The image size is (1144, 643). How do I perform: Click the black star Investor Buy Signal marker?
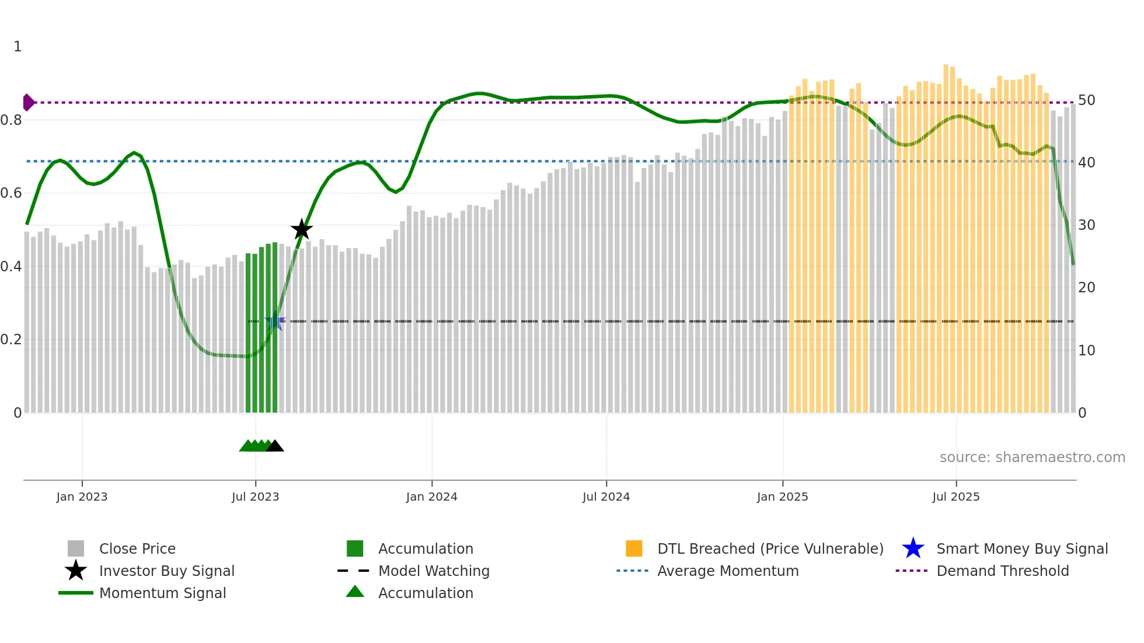pos(302,230)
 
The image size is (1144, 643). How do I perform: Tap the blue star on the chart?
pos(274,321)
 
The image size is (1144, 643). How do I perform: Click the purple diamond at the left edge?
pos(28,103)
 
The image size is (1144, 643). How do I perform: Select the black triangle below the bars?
pos(275,446)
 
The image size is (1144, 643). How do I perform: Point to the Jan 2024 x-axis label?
pos(431,497)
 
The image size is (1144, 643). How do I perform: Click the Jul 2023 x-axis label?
pos(255,497)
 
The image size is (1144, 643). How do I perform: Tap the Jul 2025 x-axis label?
pos(955,497)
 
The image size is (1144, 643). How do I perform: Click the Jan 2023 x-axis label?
pos(82,497)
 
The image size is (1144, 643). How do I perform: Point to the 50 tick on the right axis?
pos(1086,100)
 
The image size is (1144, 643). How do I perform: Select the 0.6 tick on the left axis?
pos(11,193)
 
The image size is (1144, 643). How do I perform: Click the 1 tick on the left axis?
pos(18,47)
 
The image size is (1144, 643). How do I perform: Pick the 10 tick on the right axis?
pos(1086,351)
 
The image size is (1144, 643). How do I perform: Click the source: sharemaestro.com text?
pos(1032,457)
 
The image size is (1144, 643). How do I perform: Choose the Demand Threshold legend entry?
pos(1002,571)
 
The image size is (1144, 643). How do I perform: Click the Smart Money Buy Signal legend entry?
pos(1021,548)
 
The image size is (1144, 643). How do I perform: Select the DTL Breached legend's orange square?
pos(634,548)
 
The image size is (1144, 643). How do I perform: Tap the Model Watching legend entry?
pos(433,571)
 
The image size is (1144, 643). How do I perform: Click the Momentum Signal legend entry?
pos(162,593)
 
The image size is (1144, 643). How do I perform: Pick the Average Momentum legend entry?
pos(727,571)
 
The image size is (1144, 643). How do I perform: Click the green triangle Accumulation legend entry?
pos(425,593)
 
